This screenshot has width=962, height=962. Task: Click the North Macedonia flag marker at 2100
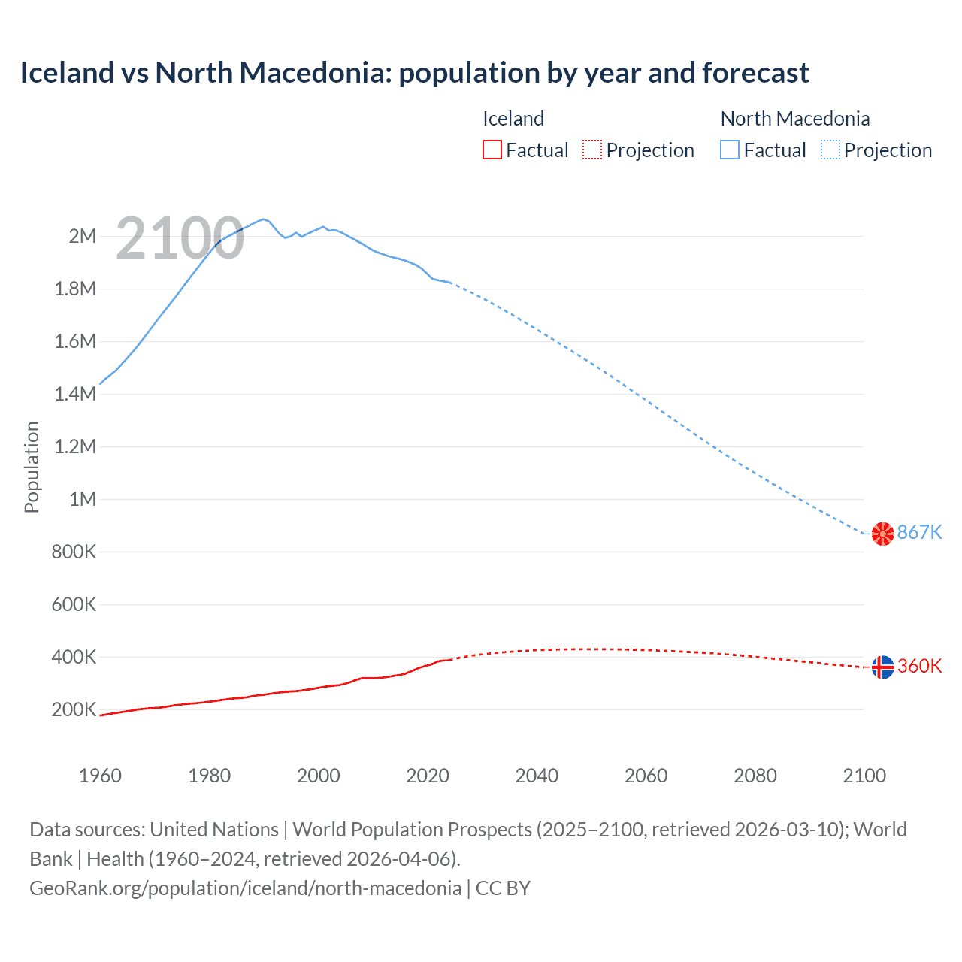tap(882, 533)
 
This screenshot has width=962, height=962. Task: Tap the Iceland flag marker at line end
tap(882, 667)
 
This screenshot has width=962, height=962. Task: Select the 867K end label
tap(919, 532)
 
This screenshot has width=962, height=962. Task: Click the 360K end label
tap(919, 667)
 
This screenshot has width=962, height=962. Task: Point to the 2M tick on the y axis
tap(82, 236)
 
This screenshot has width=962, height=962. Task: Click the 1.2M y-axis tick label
tap(75, 446)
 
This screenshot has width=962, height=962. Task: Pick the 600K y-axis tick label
tap(74, 604)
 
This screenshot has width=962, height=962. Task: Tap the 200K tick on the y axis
tap(74, 709)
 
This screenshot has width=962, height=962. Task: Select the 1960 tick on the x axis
tap(100, 776)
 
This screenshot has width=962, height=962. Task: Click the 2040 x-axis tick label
tap(537, 776)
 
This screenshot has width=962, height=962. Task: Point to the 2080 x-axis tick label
tap(755, 776)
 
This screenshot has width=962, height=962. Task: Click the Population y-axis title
tap(32, 467)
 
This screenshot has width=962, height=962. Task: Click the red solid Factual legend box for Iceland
tap(492, 150)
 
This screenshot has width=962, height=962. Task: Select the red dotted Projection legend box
tap(592, 150)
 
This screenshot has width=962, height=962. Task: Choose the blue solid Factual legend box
tap(729, 150)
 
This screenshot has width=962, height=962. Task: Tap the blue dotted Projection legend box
tap(830, 150)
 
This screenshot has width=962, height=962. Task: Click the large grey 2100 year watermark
tap(180, 239)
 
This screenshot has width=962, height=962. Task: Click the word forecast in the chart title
tap(755, 73)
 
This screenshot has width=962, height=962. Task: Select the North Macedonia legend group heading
tap(794, 119)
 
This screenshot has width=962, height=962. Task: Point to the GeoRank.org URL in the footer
tap(245, 888)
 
